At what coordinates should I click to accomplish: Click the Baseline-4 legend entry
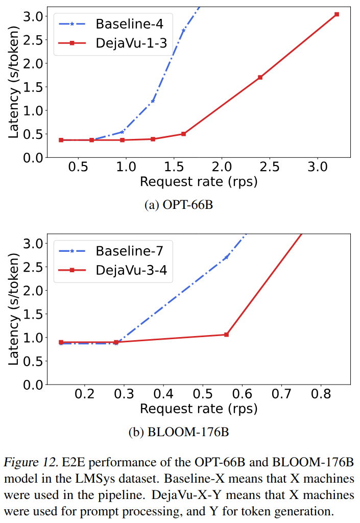coord(110,23)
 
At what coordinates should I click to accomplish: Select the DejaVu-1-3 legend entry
coord(110,43)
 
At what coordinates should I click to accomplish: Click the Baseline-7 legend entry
coord(110,250)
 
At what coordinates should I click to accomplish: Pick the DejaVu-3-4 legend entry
coord(110,271)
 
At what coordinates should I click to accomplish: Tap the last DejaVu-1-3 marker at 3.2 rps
coord(337,14)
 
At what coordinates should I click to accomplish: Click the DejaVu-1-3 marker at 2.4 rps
coord(260,77)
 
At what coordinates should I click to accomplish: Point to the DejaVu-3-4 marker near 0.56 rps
coord(226,335)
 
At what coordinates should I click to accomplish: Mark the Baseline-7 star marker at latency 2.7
coord(226,257)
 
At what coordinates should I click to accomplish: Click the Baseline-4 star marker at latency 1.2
coord(153,101)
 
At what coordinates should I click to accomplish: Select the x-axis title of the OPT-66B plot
coord(198,181)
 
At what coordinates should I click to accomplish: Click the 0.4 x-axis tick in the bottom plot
coord(163,395)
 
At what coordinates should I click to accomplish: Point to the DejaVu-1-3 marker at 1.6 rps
coord(183,134)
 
